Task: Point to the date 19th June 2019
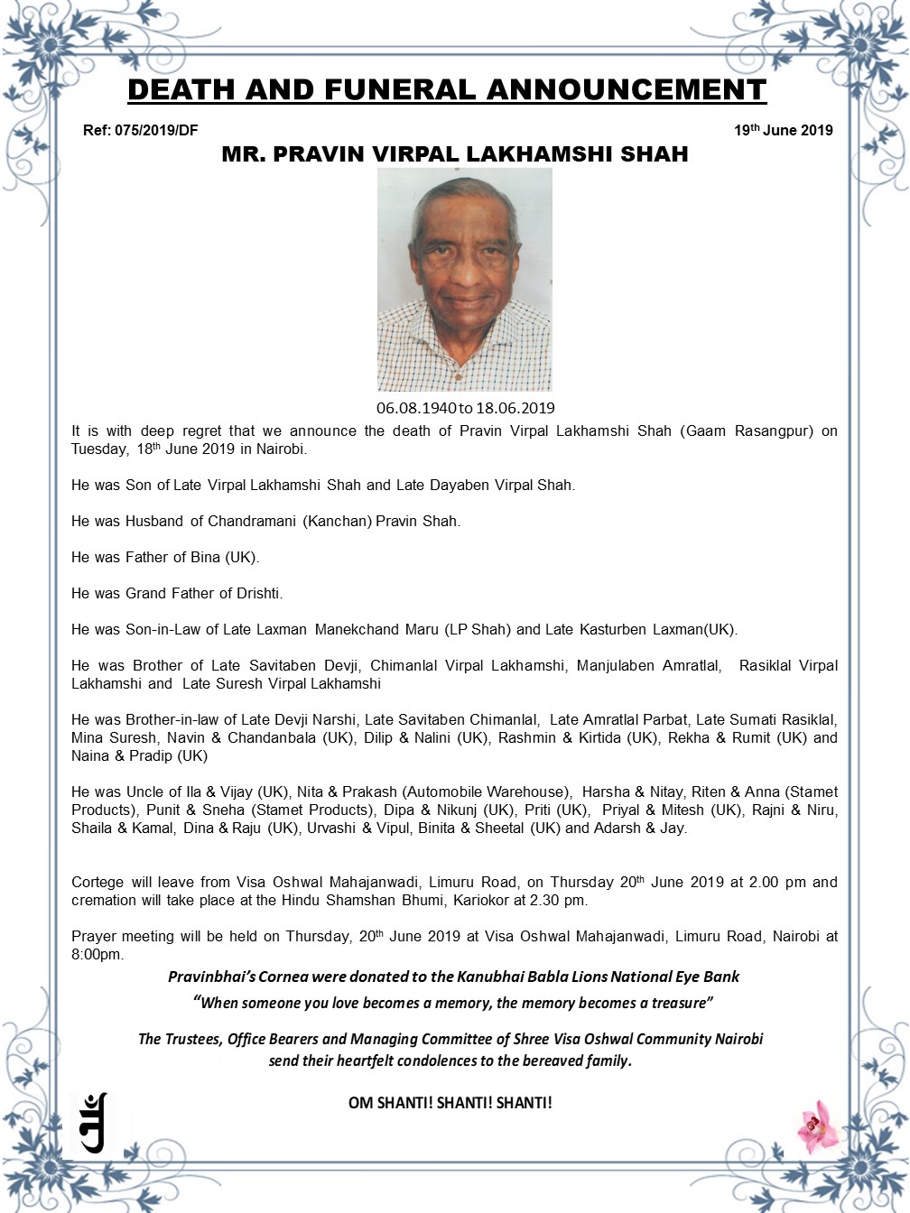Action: tap(783, 130)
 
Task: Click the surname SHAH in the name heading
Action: tap(655, 154)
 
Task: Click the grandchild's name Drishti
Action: tap(259, 593)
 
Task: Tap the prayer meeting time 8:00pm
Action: tap(97, 954)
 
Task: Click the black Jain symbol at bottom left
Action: tap(94, 1123)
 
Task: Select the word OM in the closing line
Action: tap(362, 1102)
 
